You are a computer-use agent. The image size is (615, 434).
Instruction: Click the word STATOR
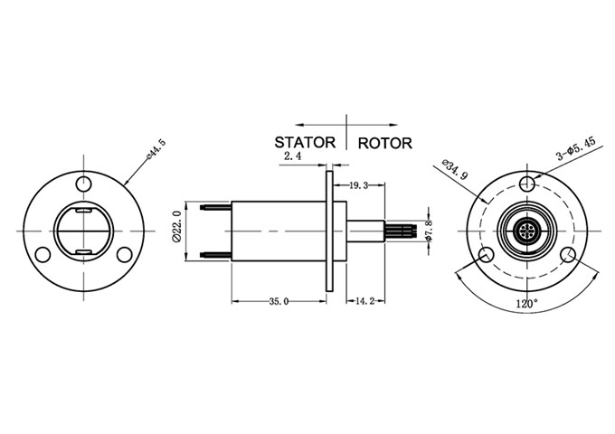(305, 142)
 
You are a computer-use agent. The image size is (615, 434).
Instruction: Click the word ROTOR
(385, 143)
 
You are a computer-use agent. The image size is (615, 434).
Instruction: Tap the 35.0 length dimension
(279, 301)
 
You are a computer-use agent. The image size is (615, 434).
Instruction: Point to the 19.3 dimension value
(359, 184)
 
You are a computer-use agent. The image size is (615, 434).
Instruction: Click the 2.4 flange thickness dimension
(292, 156)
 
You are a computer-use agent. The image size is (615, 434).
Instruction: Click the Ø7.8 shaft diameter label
(430, 231)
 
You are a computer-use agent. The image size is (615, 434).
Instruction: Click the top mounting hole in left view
(84, 184)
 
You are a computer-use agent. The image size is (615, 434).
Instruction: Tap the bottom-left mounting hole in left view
(43, 254)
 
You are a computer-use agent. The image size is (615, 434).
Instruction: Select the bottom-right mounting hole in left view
(125, 254)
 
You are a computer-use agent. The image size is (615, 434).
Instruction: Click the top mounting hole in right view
(527, 184)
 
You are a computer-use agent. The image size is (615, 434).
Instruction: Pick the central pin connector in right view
(527, 231)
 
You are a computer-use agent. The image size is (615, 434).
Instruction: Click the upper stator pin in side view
(218, 208)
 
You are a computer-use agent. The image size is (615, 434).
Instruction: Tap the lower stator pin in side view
(218, 254)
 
